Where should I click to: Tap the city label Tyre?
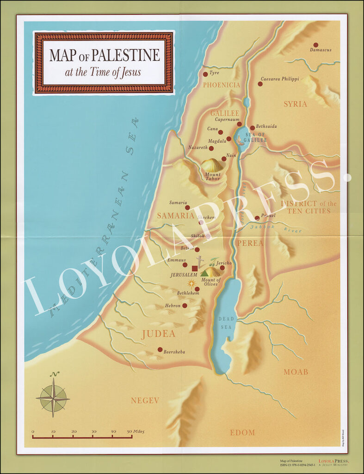click(214, 73)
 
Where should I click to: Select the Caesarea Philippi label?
click(280, 79)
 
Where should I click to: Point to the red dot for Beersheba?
click(160, 349)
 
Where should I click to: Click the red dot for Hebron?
click(185, 306)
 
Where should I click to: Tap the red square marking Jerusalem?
click(195, 268)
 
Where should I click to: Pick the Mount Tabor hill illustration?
click(212, 165)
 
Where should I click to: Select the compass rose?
click(53, 397)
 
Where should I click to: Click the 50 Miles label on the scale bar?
click(135, 431)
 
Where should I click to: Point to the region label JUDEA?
click(158, 334)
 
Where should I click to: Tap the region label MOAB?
click(296, 372)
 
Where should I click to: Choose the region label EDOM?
click(242, 432)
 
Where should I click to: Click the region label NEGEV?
click(145, 400)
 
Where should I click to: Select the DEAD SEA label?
click(227, 323)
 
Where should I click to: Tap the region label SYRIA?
click(295, 104)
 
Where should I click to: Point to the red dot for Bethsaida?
click(253, 128)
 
